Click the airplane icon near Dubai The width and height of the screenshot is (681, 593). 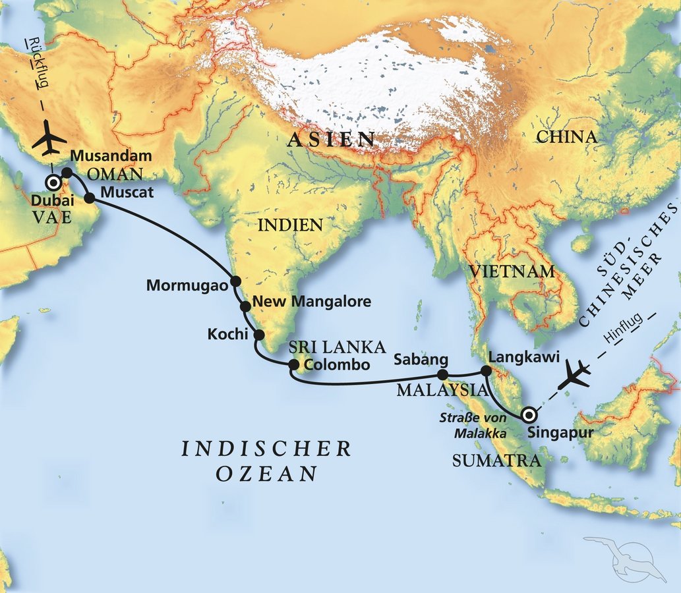click(x=49, y=140)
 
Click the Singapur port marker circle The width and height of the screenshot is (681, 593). click(x=528, y=415)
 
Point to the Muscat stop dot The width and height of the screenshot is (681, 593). click(x=90, y=196)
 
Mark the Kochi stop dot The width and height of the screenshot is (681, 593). click(x=258, y=334)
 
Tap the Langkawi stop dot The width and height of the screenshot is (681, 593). click(x=486, y=371)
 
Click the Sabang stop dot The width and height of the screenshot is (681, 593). click(x=444, y=375)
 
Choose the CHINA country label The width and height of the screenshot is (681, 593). click(x=566, y=137)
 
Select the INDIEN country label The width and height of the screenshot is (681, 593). click(x=290, y=225)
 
